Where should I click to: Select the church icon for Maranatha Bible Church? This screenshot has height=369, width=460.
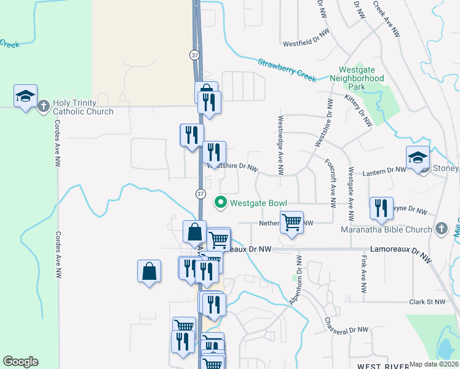coord(440,229)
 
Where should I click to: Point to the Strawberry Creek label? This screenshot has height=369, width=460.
coord(287,69)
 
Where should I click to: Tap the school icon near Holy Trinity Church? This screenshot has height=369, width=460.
coord(26,96)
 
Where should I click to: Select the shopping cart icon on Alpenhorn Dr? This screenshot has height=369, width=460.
coord(291,222)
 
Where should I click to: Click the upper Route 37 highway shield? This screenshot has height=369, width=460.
coord(194,55)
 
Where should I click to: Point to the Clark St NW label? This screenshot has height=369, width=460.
coord(427,302)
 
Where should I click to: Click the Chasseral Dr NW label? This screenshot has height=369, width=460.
coord(346,326)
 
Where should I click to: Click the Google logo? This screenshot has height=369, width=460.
coord(20,362)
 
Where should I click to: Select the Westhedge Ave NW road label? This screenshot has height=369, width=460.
coord(281,145)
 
